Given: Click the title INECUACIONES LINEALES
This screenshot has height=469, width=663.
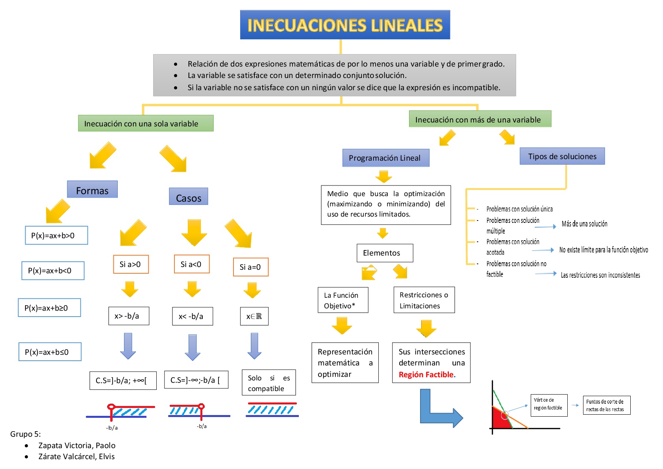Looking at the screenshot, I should (x=345, y=25).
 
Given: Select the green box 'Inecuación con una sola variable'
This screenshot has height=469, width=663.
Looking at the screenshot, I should (x=145, y=123).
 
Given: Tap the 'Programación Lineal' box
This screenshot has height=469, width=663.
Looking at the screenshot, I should (x=385, y=158).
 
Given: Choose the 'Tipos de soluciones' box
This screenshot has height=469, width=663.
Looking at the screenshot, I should (x=562, y=156).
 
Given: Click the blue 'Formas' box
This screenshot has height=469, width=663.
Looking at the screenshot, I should (x=92, y=190).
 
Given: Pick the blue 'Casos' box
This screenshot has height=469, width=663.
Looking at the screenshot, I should (x=188, y=197).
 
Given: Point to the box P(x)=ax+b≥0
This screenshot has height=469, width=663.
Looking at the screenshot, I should (x=49, y=308).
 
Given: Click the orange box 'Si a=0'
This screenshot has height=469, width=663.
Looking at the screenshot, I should (x=250, y=267).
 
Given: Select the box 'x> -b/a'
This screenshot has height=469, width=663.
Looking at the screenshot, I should (x=128, y=316).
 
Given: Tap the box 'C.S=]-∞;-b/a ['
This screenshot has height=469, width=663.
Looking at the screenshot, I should (x=196, y=380).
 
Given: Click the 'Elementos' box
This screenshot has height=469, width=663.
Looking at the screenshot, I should (x=384, y=253).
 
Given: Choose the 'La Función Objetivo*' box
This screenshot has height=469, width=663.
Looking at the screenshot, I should (x=343, y=300).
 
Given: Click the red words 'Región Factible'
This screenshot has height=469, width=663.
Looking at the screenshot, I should (x=426, y=374).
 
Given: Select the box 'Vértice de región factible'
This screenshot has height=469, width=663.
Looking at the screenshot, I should (x=549, y=405).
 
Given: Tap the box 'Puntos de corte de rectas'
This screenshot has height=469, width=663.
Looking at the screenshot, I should (x=606, y=405).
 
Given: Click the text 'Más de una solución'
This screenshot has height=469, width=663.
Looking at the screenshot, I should (x=584, y=224).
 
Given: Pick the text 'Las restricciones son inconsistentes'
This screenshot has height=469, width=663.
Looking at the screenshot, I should (x=600, y=275).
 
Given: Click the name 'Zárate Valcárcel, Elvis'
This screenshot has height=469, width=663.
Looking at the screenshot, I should (x=76, y=456).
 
